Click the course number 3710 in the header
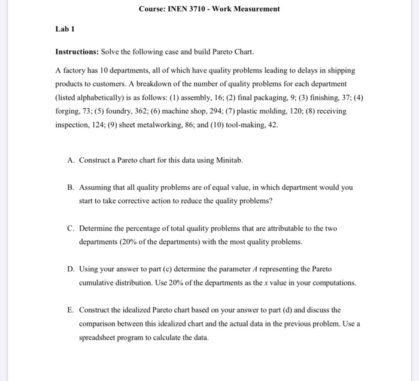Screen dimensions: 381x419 tap(194, 9)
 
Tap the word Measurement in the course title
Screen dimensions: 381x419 tap(255, 9)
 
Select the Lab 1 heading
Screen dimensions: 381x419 tap(64, 29)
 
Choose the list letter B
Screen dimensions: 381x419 tap(71, 188)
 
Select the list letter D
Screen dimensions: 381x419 tap(71, 269)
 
